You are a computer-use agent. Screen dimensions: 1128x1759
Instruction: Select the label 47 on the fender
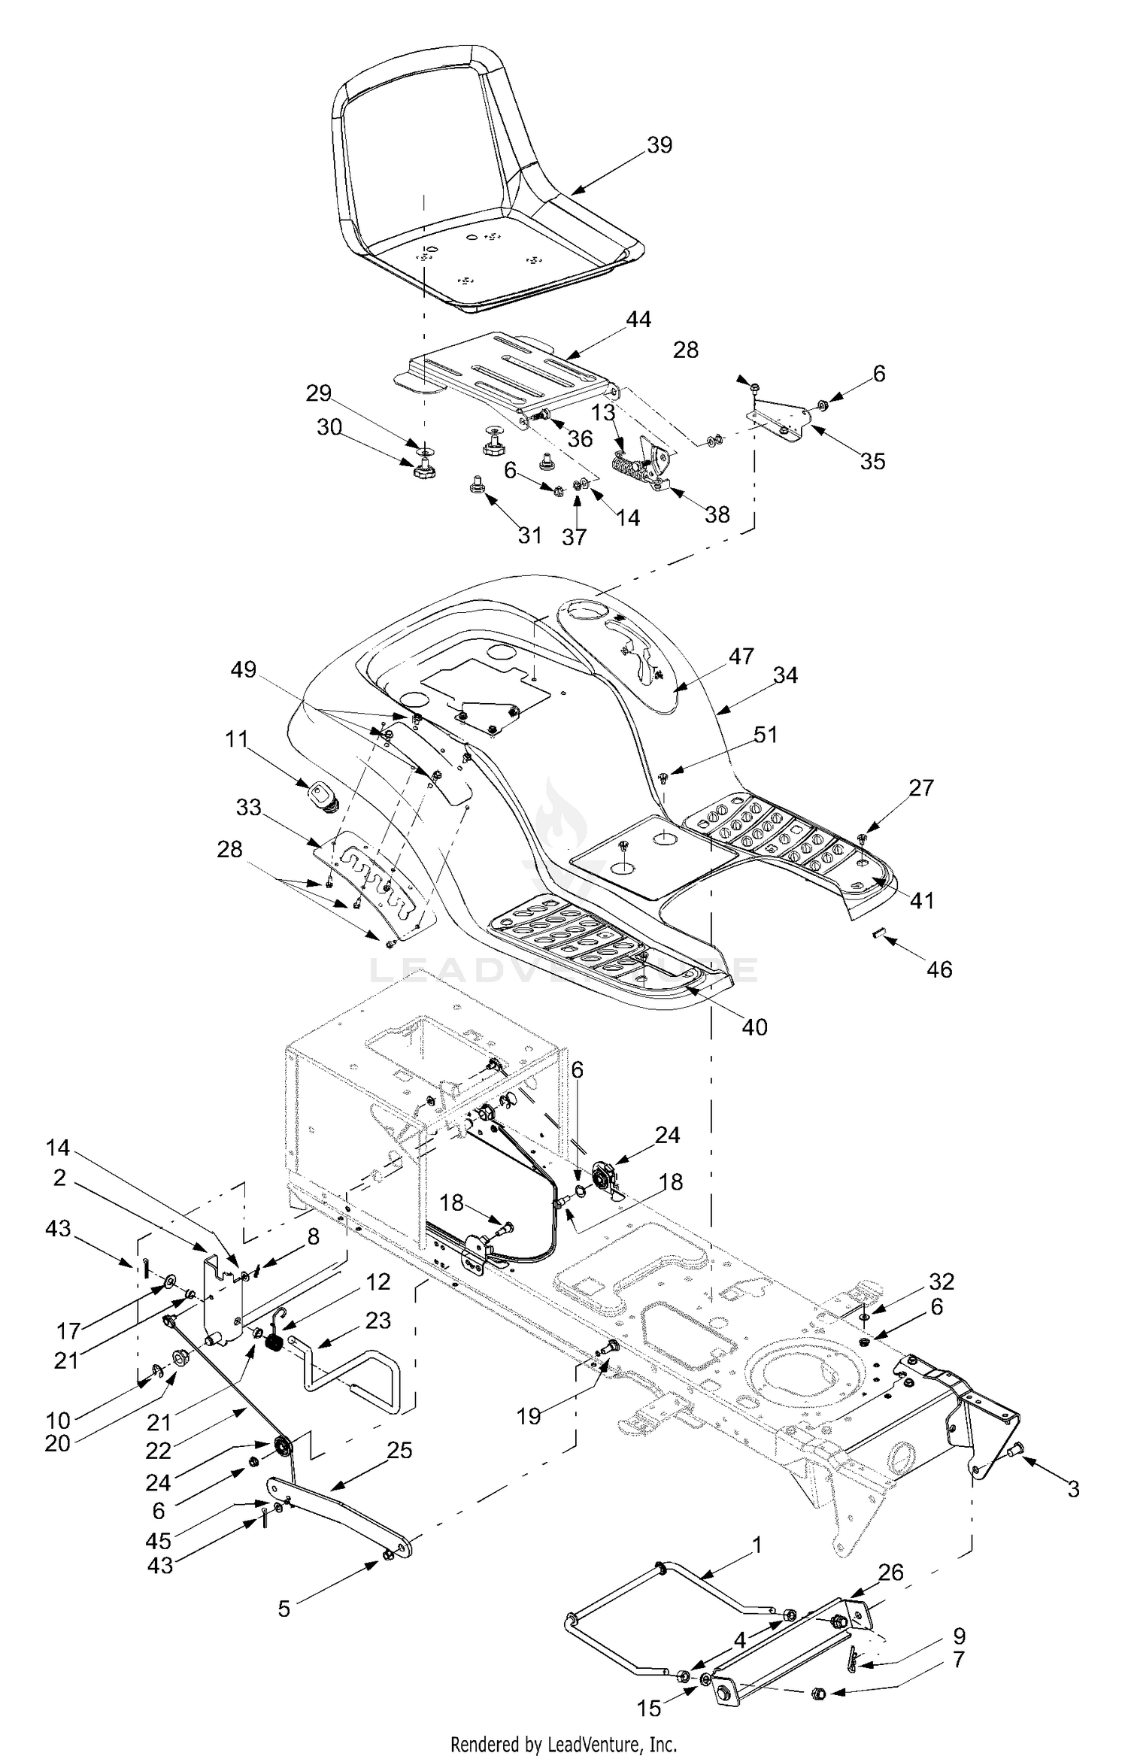click(x=741, y=657)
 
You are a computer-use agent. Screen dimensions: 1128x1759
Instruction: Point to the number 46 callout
click(x=939, y=969)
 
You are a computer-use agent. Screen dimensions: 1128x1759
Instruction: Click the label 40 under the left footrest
click(x=754, y=1027)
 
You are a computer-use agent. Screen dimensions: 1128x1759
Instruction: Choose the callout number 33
click(x=248, y=808)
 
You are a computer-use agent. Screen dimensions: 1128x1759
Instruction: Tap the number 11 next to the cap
click(x=236, y=739)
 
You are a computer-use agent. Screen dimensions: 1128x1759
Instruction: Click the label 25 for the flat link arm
click(x=399, y=1450)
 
